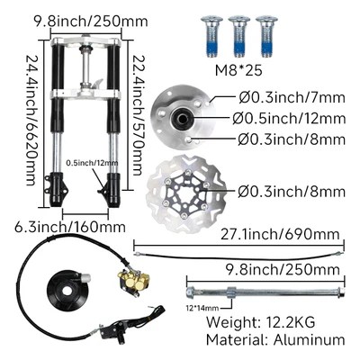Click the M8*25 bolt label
coord(238,70)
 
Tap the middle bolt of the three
coord(239,36)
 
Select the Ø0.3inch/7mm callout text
coord(292,98)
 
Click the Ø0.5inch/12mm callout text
coord(289,119)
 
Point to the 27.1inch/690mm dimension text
coord(280,234)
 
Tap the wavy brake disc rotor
coord(186,193)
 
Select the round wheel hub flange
coord(183,118)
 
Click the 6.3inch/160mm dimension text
coord(70,227)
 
